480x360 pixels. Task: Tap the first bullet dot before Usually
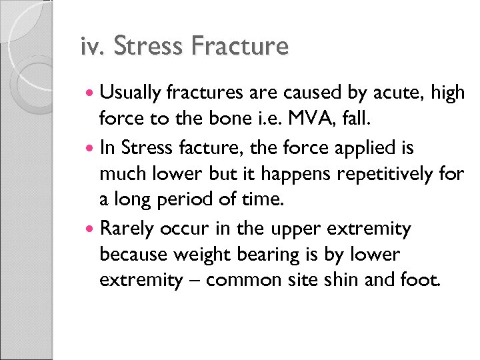[x=90, y=94]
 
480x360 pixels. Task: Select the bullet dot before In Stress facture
[x=90, y=149]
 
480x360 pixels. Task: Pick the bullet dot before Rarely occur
[x=90, y=229]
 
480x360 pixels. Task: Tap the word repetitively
[x=379, y=175]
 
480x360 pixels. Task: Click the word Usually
[x=134, y=94]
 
